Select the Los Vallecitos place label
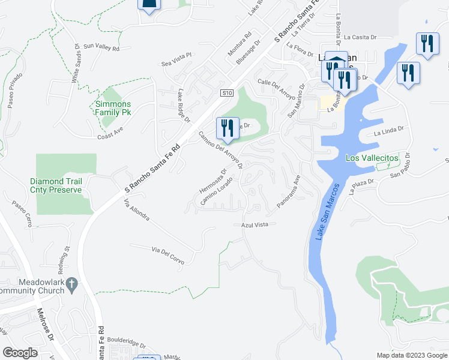(372, 158)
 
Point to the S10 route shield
(226, 93)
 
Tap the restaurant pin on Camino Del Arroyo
(227, 127)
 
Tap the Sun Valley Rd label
(101, 46)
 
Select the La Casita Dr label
(360, 37)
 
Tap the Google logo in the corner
(20, 353)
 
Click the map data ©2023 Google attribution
(412, 355)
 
